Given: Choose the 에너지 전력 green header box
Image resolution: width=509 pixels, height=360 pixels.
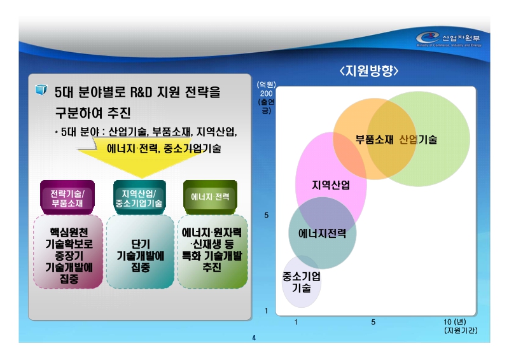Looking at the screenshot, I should tap(210, 197).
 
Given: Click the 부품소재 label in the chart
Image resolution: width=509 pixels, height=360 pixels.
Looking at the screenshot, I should tap(374, 139).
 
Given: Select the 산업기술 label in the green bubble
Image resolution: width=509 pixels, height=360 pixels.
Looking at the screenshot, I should tap(418, 139).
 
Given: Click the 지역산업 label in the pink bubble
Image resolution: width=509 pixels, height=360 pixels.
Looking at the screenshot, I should tap(330, 185).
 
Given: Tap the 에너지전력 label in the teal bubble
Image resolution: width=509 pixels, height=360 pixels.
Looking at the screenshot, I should tap(322, 233).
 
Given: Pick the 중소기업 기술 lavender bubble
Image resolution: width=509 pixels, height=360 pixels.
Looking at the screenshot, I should tap(301, 282).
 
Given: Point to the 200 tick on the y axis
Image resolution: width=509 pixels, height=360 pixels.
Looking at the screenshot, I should tap(266, 93).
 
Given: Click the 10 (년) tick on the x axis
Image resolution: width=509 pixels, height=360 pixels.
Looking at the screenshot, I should tap(454, 322).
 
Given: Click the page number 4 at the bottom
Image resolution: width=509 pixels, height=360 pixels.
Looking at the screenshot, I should tap(254, 338).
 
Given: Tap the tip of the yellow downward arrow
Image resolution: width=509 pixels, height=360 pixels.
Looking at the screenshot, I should tap(141, 175).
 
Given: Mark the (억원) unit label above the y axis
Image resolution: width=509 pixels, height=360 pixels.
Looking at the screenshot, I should tap(266, 85).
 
